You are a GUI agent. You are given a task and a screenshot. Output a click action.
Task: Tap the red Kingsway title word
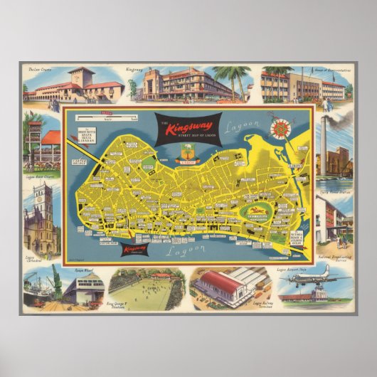184,129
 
